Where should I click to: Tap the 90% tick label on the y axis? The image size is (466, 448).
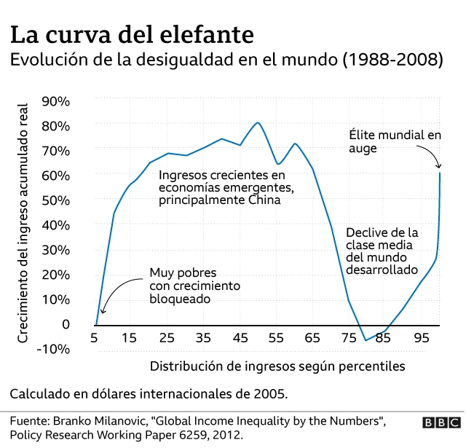[55, 101]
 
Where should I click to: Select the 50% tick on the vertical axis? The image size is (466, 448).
[55, 200]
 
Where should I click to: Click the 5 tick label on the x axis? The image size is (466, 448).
[95, 338]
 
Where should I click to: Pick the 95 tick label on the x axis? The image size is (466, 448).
[422, 338]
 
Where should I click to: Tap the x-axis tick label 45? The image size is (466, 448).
[240, 338]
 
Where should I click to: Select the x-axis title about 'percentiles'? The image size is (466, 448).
[277, 365]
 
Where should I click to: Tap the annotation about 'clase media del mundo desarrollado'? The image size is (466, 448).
[382, 251]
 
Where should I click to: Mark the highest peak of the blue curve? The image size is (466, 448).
[258, 122]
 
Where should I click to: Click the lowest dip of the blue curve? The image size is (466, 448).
[366, 340]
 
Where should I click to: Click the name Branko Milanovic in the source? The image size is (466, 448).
[107, 422]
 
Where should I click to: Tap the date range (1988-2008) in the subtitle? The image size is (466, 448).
[392, 60]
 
